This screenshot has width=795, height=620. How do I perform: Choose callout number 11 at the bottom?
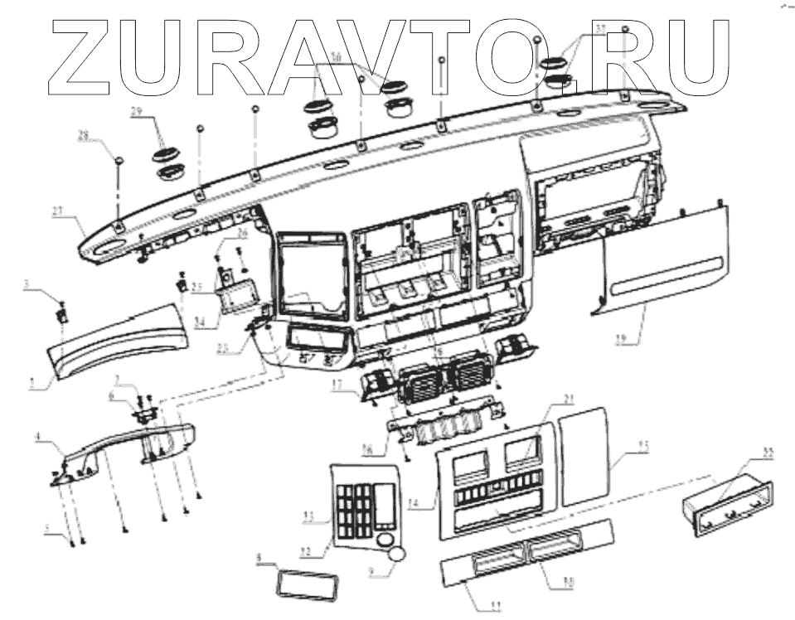(495, 608)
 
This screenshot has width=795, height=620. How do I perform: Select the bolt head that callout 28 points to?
(119, 159)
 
